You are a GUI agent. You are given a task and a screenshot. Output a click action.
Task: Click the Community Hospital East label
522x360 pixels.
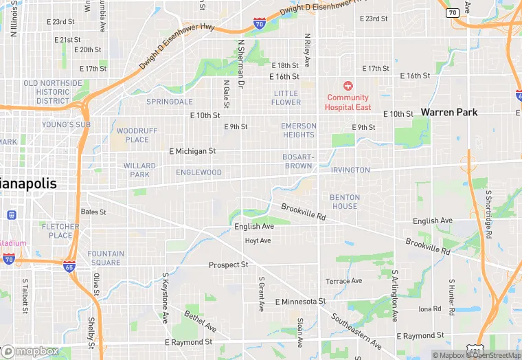pyautogui.click(x=348, y=102)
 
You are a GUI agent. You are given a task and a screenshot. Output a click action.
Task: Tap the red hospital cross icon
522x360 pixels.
pyautogui.click(x=348, y=86)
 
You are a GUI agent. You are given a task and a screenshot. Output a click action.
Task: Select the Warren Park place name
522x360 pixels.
pyautogui.click(x=449, y=112)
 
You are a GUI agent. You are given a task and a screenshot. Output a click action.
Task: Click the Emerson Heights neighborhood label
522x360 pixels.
pyautogui.click(x=299, y=131)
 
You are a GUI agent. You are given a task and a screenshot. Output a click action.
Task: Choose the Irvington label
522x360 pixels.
pyautogui.click(x=350, y=170)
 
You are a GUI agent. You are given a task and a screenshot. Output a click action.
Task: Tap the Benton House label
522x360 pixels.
pyautogui.click(x=344, y=202)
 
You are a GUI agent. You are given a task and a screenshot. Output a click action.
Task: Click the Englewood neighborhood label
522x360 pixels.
pyautogui.click(x=198, y=172)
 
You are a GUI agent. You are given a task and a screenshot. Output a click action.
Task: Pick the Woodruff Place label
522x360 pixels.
pyautogui.click(x=137, y=135)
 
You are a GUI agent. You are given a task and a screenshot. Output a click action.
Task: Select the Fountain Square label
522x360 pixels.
pyautogui.click(x=106, y=258)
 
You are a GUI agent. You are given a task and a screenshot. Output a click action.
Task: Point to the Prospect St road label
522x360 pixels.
pyautogui.click(x=228, y=265)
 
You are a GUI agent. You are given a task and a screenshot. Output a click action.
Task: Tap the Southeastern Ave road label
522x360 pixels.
pyautogui.click(x=356, y=330)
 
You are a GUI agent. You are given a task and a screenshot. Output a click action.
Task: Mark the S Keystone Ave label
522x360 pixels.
pyautogui.click(x=166, y=298)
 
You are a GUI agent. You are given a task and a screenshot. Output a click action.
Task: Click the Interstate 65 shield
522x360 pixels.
pyautogui.click(x=69, y=265)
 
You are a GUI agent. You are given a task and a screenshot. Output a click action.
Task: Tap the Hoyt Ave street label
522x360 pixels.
pyautogui.click(x=258, y=240)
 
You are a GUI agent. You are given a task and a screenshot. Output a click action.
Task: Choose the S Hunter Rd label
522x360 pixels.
pyautogui.click(x=452, y=297)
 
